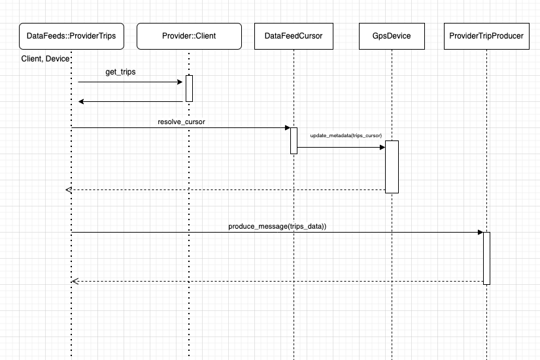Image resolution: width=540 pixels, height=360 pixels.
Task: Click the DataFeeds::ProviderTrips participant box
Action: [71, 36]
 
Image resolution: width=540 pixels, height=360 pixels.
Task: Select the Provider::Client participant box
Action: [189, 36]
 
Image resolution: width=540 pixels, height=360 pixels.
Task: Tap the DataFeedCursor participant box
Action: [294, 36]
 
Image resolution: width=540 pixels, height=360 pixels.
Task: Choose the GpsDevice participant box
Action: [391, 36]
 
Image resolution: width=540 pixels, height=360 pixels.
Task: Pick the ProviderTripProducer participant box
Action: [487, 36]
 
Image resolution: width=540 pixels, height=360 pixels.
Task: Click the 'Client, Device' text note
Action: [45, 59]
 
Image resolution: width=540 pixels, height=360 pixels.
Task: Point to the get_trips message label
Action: [120, 72]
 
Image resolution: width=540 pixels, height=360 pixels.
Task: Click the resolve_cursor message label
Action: [181, 122]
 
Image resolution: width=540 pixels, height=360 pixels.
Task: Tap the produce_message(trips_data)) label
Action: [277, 226]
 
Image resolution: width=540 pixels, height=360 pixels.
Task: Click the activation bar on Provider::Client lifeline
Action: [189, 88]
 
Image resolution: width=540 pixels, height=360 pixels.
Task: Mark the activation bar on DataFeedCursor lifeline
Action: [294, 140]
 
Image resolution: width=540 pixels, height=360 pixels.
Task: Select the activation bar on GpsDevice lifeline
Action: [392, 167]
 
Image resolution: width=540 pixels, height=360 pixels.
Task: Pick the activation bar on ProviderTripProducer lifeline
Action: [486, 258]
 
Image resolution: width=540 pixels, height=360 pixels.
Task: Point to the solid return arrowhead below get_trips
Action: [81, 101]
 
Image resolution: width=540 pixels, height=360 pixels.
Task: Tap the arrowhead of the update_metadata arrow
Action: [382, 147]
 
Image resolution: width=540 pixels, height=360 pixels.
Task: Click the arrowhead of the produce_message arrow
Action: [480, 232]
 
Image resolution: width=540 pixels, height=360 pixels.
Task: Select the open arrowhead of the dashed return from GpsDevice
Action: [69, 189]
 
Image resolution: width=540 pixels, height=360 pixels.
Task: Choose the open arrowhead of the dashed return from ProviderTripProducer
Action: [75, 281]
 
